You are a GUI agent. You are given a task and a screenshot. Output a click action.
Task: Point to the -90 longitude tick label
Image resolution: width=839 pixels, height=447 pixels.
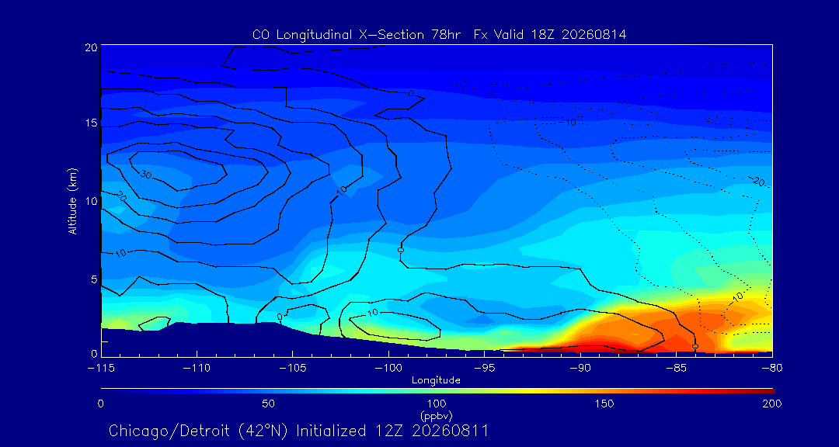tap(580, 369)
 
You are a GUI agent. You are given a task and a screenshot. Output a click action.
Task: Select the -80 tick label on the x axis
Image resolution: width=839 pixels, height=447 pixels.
tap(772, 369)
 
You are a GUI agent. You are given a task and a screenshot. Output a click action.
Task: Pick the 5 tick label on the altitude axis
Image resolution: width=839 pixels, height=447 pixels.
tap(93, 279)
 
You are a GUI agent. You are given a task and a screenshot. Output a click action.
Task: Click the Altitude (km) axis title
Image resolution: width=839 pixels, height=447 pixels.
tap(73, 200)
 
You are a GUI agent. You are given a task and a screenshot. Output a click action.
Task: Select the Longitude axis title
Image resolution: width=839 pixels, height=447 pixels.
tap(436, 381)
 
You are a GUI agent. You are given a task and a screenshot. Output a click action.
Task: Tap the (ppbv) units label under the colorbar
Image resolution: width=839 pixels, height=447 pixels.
tap(437, 415)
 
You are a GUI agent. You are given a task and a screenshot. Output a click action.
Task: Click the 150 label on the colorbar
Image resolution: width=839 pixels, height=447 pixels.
tap(604, 404)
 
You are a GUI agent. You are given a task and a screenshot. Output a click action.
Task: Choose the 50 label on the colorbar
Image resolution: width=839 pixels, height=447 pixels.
tap(268, 404)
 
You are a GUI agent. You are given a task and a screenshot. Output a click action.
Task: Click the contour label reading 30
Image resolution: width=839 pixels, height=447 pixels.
tap(145, 175)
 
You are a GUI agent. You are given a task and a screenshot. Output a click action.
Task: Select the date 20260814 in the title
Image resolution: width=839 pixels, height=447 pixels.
tap(594, 35)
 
